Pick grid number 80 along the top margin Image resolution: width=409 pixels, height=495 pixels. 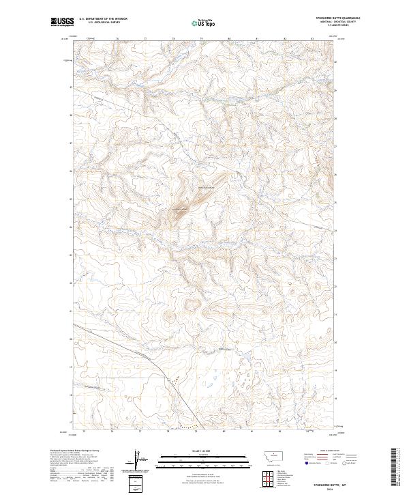(229, 39)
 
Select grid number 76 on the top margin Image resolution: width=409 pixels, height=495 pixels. (118, 39)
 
